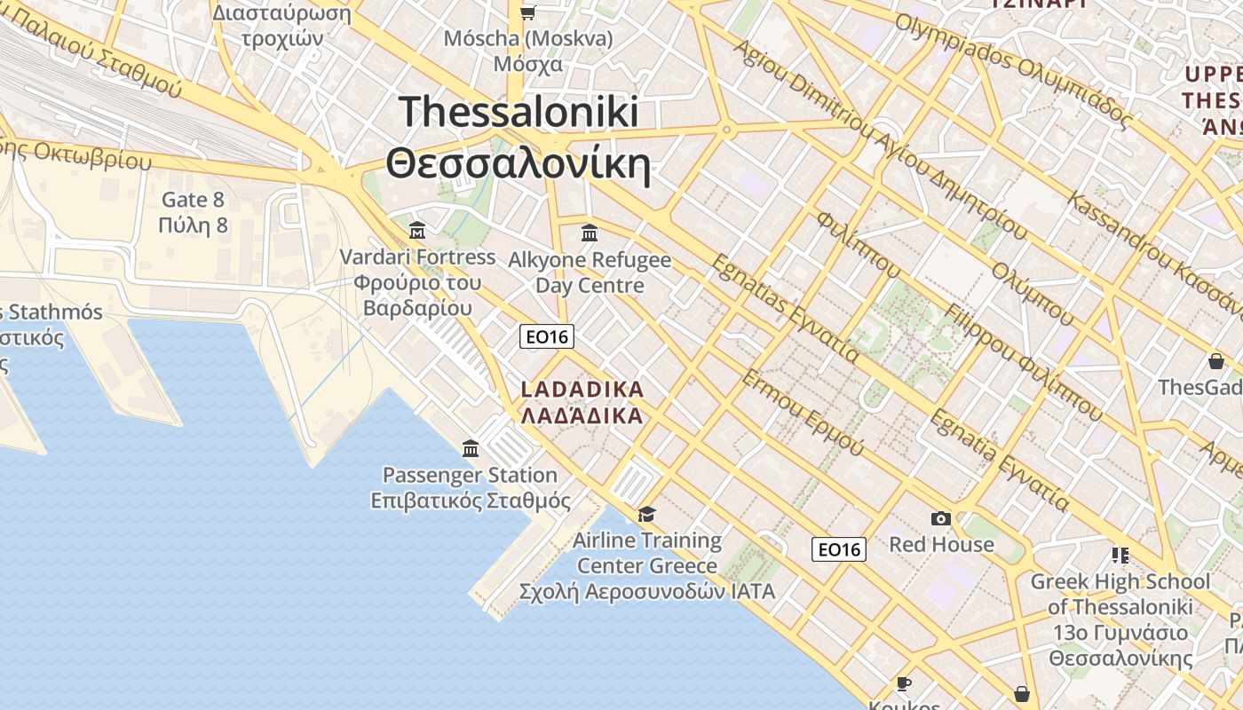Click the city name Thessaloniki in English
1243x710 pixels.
click(x=519, y=112)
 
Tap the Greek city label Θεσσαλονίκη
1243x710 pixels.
click(x=519, y=163)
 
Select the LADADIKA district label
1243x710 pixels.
click(x=582, y=390)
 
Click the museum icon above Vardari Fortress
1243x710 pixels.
click(x=417, y=231)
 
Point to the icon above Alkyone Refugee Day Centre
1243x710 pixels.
click(x=589, y=233)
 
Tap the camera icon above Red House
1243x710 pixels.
click(x=941, y=518)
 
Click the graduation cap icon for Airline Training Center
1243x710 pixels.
click(x=646, y=514)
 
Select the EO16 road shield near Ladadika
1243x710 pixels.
click(x=546, y=336)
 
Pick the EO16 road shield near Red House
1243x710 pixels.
click(x=838, y=549)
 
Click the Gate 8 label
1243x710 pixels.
click(x=193, y=200)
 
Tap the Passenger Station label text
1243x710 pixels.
click(x=470, y=475)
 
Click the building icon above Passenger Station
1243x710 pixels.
click(x=471, y=448)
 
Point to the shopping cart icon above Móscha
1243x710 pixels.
click(x=528, y=12)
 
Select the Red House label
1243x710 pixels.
click(x=941, y=544)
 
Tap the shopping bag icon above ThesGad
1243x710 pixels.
click(x=1215, y=361)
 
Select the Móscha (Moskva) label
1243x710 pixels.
click(x=528, y=39)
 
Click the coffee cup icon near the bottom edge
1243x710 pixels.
click(x=903, y=682)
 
